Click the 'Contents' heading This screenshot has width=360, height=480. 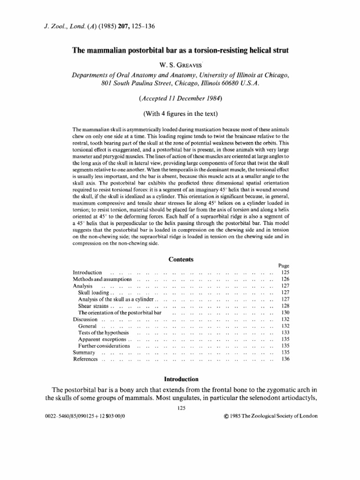(180, 259)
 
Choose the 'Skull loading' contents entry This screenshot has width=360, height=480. (93, 292)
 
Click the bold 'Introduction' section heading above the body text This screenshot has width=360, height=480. (180, 379)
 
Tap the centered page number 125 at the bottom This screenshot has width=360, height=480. (180, 408)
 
